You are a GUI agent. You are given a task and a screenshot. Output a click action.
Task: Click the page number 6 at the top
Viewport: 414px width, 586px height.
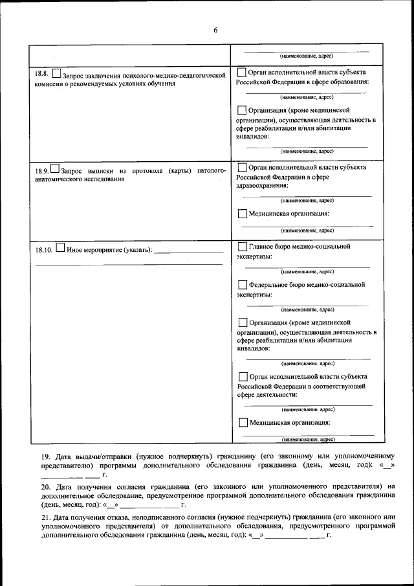pos(215,30)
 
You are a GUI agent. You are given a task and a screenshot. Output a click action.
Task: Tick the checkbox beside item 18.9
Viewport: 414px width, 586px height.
pos(54,169)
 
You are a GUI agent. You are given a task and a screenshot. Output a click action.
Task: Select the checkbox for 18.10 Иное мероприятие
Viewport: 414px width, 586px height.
pos(60,247)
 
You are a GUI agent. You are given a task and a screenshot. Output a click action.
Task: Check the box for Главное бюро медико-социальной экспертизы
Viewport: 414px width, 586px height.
pos(242,247)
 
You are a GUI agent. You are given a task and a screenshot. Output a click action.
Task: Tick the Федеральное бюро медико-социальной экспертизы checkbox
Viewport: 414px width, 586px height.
pos(242,285)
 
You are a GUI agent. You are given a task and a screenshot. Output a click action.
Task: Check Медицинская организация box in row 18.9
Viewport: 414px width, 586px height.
pos(242,214)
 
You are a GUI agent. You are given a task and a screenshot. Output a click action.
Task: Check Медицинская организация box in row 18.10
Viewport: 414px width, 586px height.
pos(242,423)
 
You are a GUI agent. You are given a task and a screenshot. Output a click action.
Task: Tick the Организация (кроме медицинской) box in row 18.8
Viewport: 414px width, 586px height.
pos(242,111)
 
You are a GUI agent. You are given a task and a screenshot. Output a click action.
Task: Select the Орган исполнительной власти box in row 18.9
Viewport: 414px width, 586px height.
pos(242,167)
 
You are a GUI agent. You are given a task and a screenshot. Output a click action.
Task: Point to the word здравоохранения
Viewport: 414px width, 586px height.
pos(262,185)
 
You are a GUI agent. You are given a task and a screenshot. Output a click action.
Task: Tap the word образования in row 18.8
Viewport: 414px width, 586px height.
pos(348,82)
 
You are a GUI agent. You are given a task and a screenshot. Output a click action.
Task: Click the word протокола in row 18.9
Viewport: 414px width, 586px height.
pos(146,170)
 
